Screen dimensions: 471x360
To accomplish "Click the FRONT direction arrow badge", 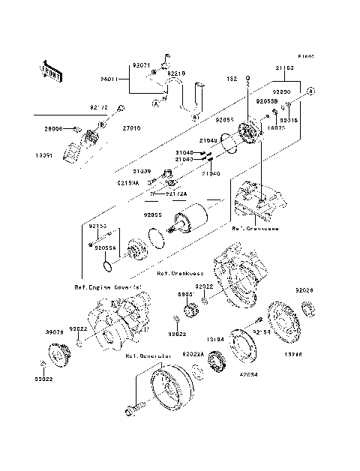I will point(49,69).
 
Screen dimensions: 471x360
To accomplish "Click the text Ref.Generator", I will point(148,356).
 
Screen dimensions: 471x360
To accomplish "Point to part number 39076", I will point(34,330).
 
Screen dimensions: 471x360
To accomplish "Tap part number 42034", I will point(248,373).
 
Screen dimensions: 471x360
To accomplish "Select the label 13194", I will point(216,340).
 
